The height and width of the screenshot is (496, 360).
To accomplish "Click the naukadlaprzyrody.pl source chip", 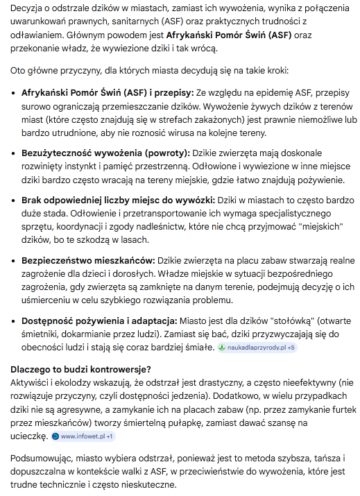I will [257, 347].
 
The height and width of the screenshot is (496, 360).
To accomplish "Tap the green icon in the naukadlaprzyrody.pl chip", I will [222, 347].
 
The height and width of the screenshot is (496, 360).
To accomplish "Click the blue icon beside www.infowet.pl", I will [55, 436].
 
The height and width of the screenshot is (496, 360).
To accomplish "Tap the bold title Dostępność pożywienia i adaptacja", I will [99, 321].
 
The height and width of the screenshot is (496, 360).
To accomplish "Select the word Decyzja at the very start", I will [28, 8].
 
